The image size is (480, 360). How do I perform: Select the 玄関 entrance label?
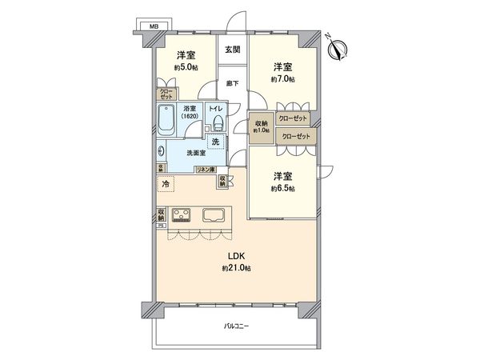pos(232,50)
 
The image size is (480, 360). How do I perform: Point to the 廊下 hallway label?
pos(232,82)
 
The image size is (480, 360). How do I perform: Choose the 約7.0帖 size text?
pos(282,80)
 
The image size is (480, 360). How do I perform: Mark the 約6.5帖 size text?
pos(282,188)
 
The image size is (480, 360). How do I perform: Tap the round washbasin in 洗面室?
pos(162,151)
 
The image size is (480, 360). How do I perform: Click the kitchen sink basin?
pos(215,214)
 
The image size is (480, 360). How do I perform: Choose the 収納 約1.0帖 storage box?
pos(261,127)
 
